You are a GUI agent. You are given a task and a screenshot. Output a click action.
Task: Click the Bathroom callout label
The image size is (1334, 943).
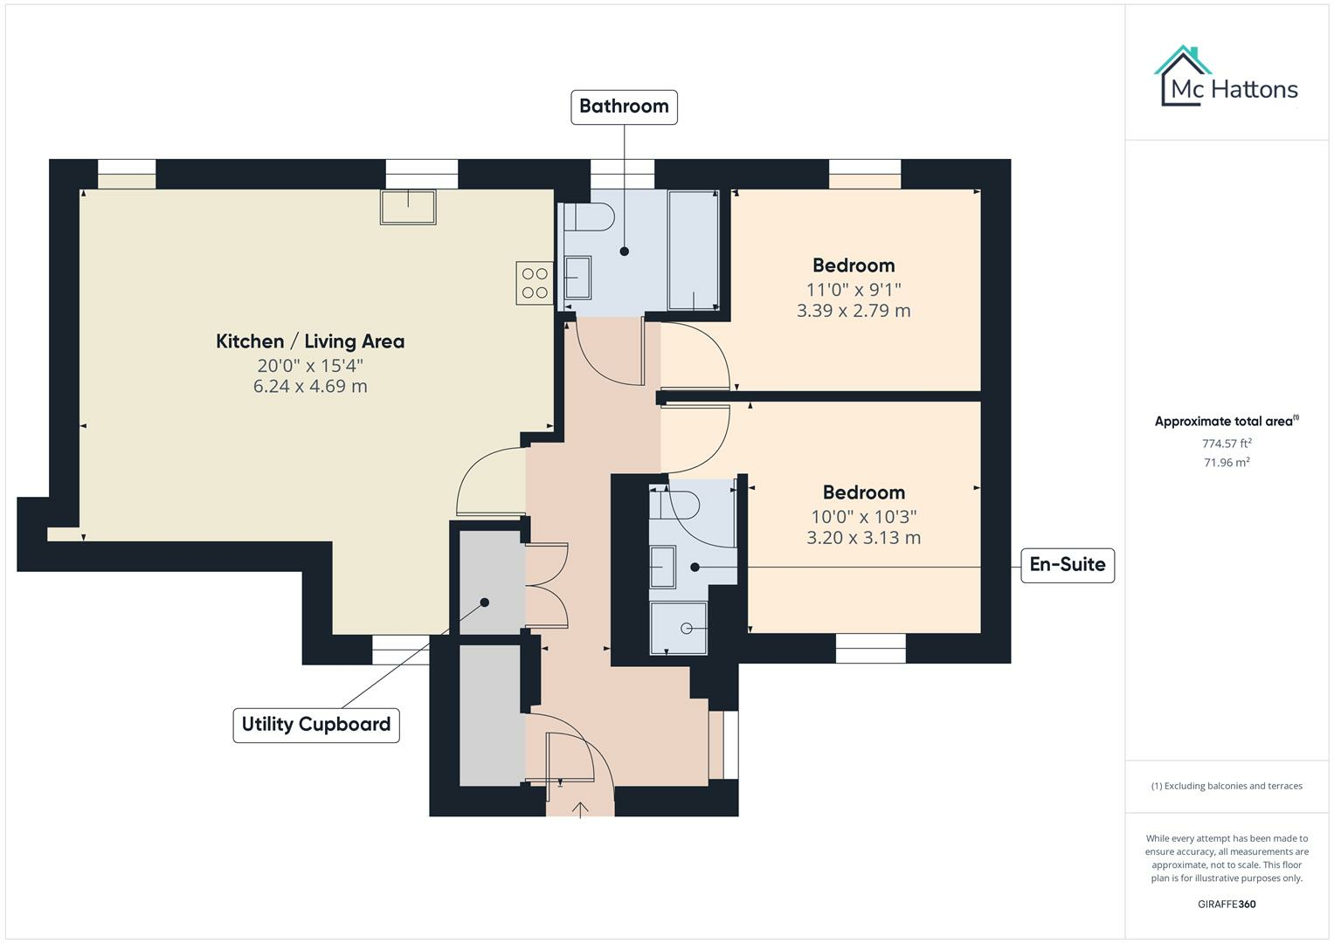(624, 107)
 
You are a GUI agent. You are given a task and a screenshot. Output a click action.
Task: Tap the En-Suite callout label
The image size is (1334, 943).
(1067, 565)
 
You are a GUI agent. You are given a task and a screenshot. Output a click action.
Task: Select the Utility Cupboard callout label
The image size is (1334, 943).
(315, 725)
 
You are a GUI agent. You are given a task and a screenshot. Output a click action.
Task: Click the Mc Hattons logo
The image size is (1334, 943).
(1226, 79)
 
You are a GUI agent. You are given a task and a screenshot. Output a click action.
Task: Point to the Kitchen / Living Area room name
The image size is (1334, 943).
(310, 341)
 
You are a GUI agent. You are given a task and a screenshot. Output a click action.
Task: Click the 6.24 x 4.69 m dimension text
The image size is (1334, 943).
(310, 386)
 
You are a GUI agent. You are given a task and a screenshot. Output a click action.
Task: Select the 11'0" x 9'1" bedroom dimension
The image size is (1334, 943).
(853, 289)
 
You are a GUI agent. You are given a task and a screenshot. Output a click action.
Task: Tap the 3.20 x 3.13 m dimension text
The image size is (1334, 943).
(863, 538)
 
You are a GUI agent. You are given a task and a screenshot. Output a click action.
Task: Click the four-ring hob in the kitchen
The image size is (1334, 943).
(535, 283)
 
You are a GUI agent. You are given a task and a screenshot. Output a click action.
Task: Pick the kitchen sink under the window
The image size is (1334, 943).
(408, 207)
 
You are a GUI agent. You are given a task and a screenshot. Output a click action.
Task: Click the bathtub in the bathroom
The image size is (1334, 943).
(693, 250)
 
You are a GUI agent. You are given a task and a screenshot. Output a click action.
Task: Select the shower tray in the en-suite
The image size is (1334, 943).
(679, 628)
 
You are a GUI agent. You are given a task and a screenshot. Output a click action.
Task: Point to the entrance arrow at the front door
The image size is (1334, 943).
(580, 809)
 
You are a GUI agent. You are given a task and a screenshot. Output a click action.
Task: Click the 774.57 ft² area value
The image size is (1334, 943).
(1226, 444)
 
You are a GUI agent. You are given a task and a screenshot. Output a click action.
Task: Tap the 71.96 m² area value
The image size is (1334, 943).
(1226, 463)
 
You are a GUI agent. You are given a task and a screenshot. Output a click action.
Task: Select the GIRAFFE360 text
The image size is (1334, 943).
(1226, 904)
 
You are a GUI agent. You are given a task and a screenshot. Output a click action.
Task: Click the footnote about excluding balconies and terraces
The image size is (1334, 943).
(1226, 786)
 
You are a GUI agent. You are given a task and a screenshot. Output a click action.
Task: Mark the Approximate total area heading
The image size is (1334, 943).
(1226, 422)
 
